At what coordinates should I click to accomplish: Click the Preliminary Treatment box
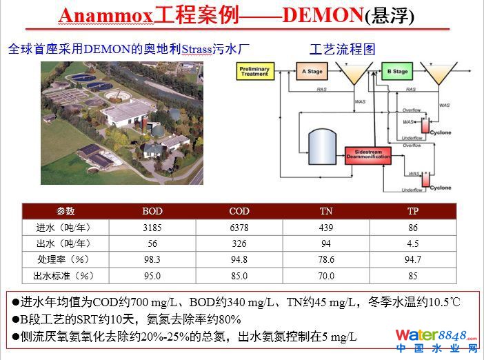tap(253, 71)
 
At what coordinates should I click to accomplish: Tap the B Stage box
tap(396, 71)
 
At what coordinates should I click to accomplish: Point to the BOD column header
tap(152, 211)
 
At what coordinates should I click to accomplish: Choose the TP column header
tap(413, 211)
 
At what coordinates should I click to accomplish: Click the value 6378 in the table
tap(239, 227)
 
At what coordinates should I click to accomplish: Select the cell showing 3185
tap(152, 227)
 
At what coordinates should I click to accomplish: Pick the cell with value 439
tap(326, 227)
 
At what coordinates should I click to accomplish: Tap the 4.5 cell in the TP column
tap(413, 243)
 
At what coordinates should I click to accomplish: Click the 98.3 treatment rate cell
tap(152, 259)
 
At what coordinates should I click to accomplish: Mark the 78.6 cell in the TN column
tap(326, 259)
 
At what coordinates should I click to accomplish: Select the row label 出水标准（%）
tap(63, 276)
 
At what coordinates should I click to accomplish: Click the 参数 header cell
tap(64, 211)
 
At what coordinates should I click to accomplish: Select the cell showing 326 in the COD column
tap(239, 243)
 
